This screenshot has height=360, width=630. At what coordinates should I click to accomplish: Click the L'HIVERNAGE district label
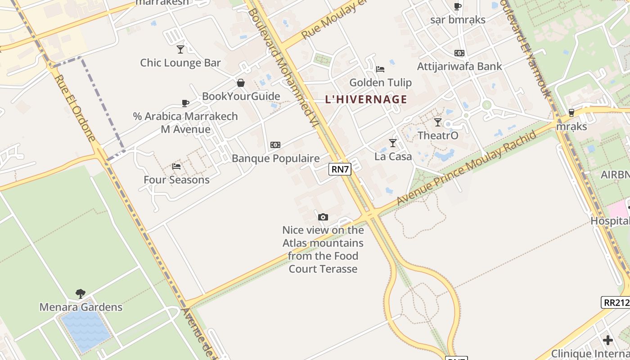pyautogui.click(x=366, y=99)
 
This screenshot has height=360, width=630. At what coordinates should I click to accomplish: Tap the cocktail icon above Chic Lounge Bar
pyautogui.click(x=180, y=49)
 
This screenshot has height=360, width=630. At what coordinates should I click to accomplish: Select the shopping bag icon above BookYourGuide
pyautogui.click(x=241, y=83)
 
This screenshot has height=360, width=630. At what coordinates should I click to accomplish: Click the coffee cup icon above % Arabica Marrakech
pyautogui.click(x=185, y=103)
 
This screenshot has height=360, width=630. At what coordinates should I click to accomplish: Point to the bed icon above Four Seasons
pyautogui.click(x=176, y=166)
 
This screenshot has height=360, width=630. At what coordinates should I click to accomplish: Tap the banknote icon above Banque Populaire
pyautogui.click(x=275, y=145)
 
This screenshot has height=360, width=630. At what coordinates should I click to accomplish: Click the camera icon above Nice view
pyautogui.click(x=323, y=217)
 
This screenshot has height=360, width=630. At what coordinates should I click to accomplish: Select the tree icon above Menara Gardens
pyautogui.click(x=81, y=294)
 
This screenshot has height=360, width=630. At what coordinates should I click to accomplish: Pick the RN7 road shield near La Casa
pyautogui.click(x=339, y=169)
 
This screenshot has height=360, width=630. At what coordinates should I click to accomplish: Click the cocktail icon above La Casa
pyautogui.click(x=393, y=143)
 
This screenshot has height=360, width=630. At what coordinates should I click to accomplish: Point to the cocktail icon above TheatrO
pyautogui.click(x=438, y=122)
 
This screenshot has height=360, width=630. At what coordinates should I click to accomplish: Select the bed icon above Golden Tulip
pyautogui.click(x=380, y=69)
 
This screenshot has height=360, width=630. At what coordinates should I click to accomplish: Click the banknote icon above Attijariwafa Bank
pyautogui.click(x=459, y=53)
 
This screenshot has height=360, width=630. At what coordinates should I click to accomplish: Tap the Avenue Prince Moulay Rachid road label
pyautogui.click(x=467, y=168)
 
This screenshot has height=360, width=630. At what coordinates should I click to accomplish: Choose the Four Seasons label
pyautogui.click(x=176, y=180)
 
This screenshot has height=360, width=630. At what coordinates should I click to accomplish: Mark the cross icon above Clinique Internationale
pyautogui.click(x=608, y=340)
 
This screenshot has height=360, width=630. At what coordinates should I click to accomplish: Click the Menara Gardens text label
pyautogui.click(x=81, y=307)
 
